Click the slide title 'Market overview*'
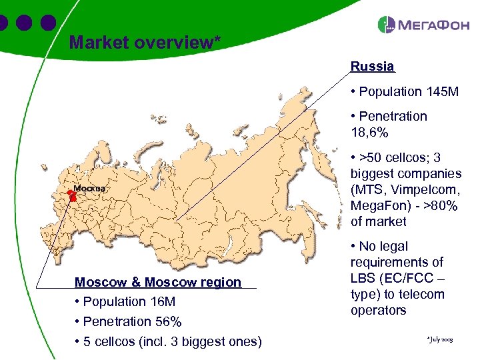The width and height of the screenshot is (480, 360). (145, 43)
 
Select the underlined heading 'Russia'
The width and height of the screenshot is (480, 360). (372, 67)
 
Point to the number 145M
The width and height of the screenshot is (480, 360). (442, 91)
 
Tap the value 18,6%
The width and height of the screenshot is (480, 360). (369, 133)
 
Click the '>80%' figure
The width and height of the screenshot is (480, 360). (441, 205)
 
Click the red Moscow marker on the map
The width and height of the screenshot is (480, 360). (71, 195)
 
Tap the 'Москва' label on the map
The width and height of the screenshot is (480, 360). (89, 188)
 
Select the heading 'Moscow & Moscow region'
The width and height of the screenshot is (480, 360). (158, 282)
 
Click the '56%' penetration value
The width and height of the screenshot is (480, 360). (167, 321)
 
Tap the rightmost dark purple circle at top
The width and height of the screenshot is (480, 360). (47, 22)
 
